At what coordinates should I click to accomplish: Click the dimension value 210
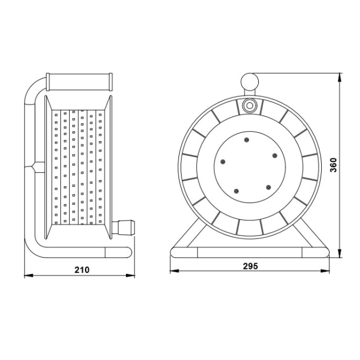tap(82, 270)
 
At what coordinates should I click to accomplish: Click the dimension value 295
tap(250, 266)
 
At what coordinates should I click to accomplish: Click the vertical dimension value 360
tap(333, 165)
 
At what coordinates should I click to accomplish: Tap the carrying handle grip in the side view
tap(79, 82)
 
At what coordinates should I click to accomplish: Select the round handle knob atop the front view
tap(250, 82)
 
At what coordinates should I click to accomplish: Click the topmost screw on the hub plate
tap(246, 140)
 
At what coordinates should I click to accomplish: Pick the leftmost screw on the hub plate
tap(223, 162)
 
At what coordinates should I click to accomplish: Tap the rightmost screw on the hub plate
tap(274, 156)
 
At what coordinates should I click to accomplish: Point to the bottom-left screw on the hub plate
tap(236, 191)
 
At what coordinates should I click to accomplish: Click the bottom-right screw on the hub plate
tap(268, 187)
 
